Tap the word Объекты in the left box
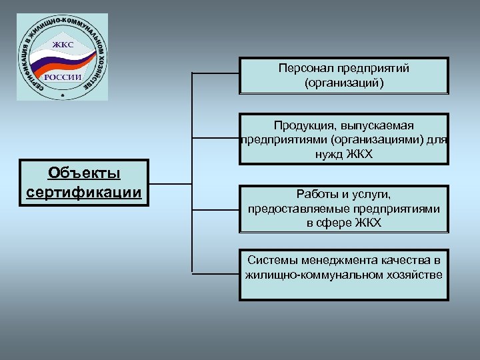coord(84,173)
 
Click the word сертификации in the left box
coord(84,193)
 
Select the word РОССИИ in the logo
coord(63,77)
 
